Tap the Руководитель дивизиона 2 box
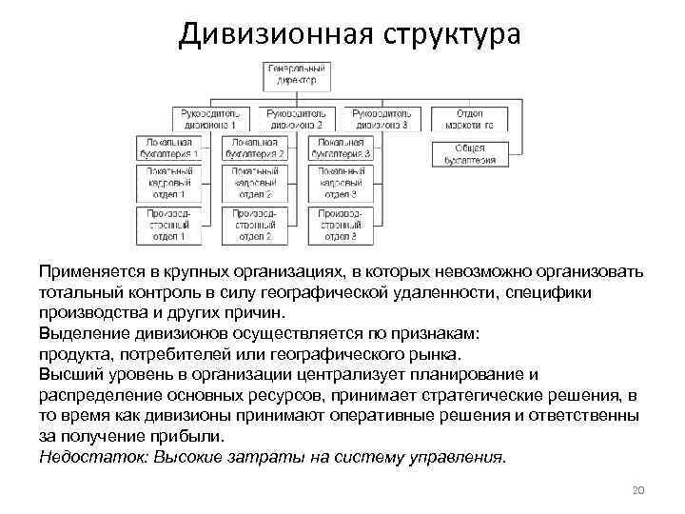[297, 118]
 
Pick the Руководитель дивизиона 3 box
[382, 118]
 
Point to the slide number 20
[638, 490]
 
